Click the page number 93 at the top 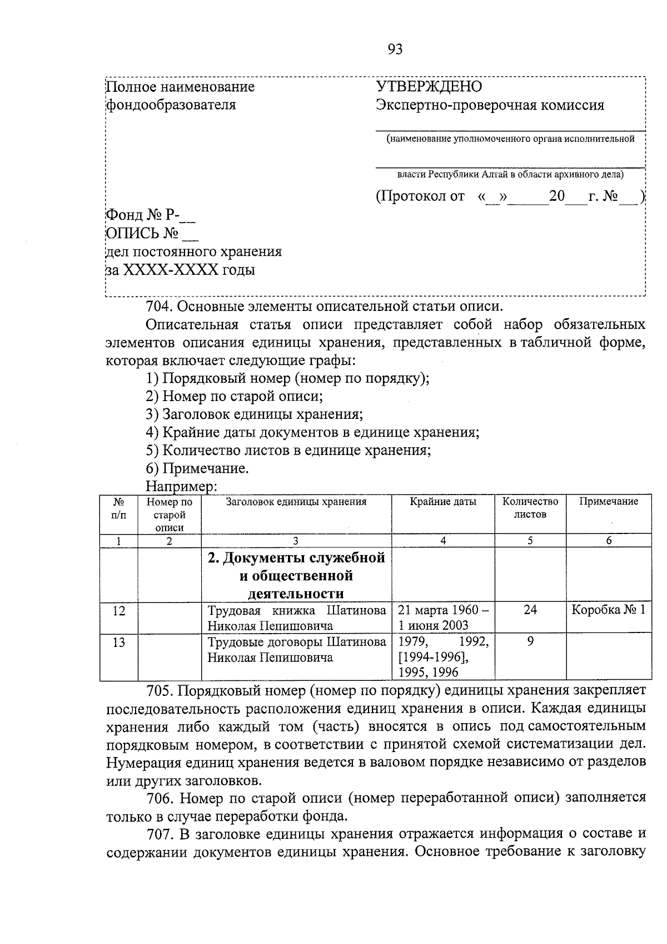coord(395,50)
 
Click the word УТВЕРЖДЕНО coord(429,86)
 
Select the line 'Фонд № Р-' coord(150,215)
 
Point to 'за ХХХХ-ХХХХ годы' coord(181,271)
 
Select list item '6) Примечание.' coord(197,468)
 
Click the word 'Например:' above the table coord(180,486)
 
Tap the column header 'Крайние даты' coord(443,501)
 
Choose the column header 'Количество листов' coord(530,507)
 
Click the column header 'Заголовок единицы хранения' coord(296,501)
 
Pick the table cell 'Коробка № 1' coord(608,610)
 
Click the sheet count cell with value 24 coord(530,610)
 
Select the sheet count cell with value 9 coord(530,641)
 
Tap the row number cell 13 coord(118,642)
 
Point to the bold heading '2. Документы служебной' coord(296,558)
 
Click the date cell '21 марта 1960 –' coord(444,610)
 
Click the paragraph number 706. coord(161,798)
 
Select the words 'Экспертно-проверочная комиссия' coord(490,105)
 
